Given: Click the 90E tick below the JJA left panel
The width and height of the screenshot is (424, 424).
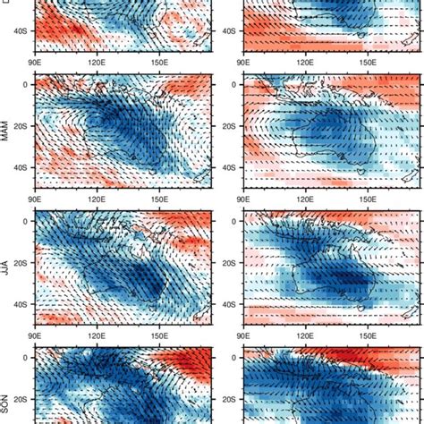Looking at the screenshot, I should tap(35, 334).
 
